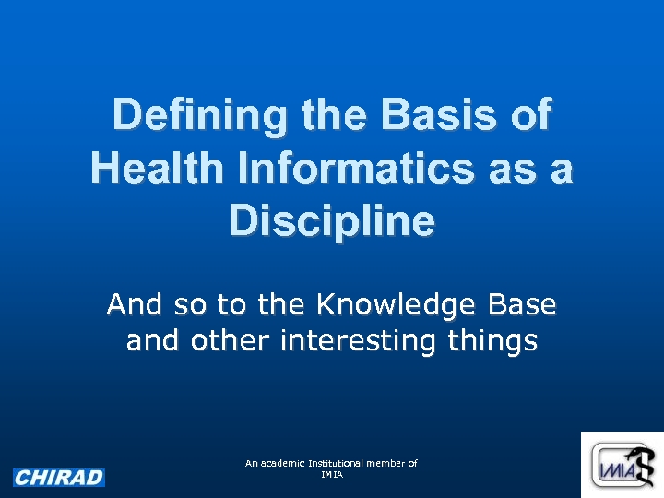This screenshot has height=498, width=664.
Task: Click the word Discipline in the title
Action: coord(332,221)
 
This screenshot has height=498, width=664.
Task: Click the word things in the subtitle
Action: coord(492,340)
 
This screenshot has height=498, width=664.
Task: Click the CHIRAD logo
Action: coord(59,478)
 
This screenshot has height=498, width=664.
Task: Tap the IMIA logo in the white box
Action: coord(622,468)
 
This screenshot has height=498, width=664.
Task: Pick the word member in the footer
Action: coord(386,463)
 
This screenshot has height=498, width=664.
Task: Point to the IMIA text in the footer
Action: coord(331,474)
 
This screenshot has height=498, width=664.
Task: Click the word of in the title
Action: coord(530,116)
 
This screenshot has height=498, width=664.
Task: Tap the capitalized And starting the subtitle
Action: coord(134,303)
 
